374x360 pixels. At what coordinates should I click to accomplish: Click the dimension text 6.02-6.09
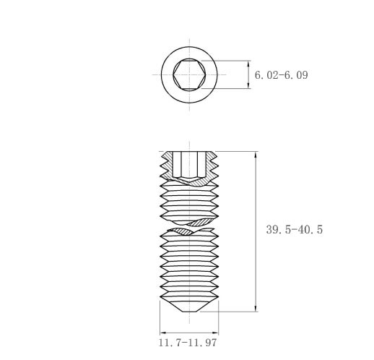[281, 75]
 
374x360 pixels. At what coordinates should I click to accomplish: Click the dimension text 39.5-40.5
[295, 229]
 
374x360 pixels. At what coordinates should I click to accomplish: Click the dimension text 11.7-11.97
[188, 343]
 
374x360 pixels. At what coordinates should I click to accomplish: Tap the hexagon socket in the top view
[189, 74]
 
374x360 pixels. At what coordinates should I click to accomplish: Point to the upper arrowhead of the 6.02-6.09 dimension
[248, 64]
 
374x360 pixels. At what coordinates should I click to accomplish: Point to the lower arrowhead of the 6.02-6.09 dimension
[248, 85]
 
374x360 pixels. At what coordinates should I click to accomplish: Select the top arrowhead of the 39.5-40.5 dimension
[256, 155]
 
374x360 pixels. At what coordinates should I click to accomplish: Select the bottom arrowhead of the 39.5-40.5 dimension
[256, 308]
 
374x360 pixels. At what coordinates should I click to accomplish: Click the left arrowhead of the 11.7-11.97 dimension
[163, 333]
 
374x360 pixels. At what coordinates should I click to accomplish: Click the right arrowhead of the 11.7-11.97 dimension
[215, 333]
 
